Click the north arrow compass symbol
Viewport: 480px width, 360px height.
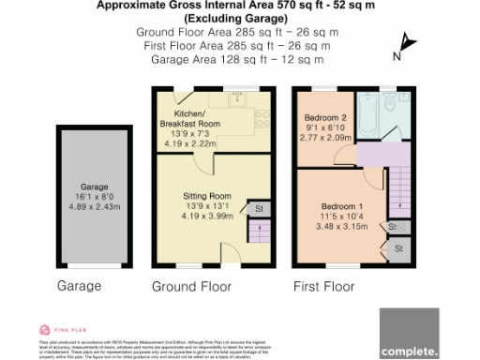tap(403, 45)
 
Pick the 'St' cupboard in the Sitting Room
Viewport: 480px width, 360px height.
tap(257, 207)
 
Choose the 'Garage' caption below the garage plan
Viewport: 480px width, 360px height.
tap(79, 285)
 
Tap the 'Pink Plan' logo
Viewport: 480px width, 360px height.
tap(55, 331)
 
